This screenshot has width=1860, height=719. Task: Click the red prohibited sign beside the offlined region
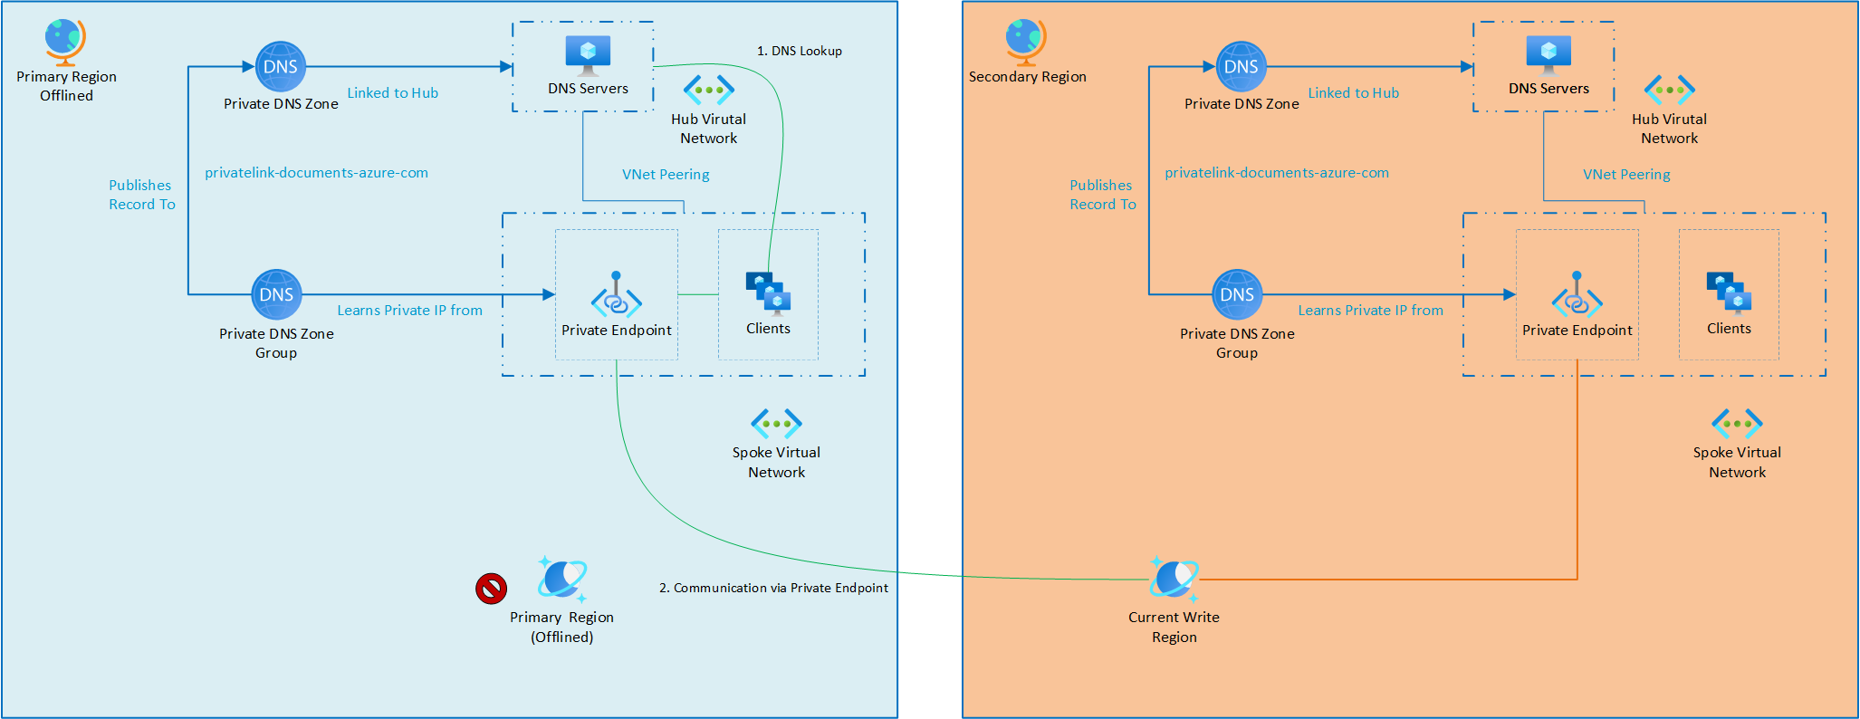(491, 589)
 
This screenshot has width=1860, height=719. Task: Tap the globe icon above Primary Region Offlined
(65, 41)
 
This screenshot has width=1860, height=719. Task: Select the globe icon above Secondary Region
(1025, 41)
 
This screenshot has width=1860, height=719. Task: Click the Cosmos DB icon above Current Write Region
(1174, 579)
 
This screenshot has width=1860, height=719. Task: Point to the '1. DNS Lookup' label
(800, 52)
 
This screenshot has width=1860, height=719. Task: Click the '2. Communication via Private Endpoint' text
(773, 589)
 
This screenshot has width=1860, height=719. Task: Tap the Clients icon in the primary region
(768, 292)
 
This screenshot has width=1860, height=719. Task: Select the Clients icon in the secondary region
(1729, 292)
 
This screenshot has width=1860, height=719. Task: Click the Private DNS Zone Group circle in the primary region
(276, 294)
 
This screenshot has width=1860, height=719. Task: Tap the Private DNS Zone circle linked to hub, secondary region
(1241, 66)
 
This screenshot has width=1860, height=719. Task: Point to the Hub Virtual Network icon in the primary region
(709, 90)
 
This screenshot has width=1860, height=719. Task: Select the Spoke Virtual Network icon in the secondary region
(1737, 423)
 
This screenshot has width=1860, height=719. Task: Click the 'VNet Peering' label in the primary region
(666, 175)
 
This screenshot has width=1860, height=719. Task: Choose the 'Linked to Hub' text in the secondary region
(1353, 93)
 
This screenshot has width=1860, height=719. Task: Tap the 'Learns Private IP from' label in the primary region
(409, 311)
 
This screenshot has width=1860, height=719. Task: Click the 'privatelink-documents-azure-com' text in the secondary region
(1276, 173)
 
